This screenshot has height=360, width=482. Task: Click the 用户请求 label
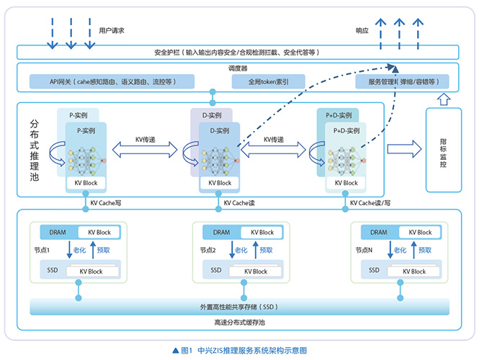pyautogui.click(x=112, y=30)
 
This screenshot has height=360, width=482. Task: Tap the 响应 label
pyautogui.click(x=362, y=30)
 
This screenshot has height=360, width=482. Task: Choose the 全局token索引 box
pyautogui.click(x=261, y=82)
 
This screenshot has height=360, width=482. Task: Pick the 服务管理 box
pyautogui.click(x=402, y=82)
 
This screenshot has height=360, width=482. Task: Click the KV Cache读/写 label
pyautogui.click(x=372, y=204)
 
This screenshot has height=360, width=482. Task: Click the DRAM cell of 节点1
pyautogui.click(x=58, y=232)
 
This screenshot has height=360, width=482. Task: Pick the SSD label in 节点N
pyautogui.click(x=375, y=270)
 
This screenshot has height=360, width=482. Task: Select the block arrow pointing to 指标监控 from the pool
pyautogui.click(x=403, y=149)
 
